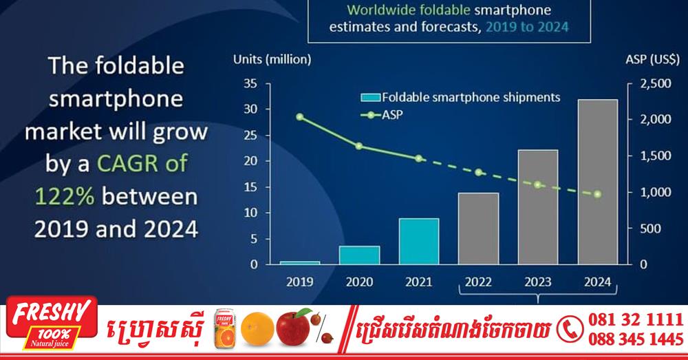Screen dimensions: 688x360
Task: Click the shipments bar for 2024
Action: (x=598, y=182)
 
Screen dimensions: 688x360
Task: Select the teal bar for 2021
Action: (x=419, y=242)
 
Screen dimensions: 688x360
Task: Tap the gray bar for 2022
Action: (x=479, y=229)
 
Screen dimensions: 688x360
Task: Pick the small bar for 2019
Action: (x=300, y=263)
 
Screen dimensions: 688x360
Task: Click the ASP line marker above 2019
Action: (x=300, y=117)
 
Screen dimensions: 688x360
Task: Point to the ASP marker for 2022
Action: (x=479, y=172)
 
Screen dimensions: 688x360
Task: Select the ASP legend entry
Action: (x=382, y=115)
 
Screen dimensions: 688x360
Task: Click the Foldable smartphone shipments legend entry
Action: (x=460, y=97)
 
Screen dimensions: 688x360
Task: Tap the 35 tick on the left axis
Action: (x=250, y=83)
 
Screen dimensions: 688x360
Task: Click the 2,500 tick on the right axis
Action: (x=656, y=83)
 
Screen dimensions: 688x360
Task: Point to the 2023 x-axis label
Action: (x=538, y=282)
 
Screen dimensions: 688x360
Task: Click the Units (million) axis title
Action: (x=272, y=59)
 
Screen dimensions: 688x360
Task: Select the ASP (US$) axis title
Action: (x=652, y=59)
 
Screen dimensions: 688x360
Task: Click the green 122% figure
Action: (x=65, y=195)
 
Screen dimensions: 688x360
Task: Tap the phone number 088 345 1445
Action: (x=636, y=339)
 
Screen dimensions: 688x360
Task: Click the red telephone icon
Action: (x=570, y=329)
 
